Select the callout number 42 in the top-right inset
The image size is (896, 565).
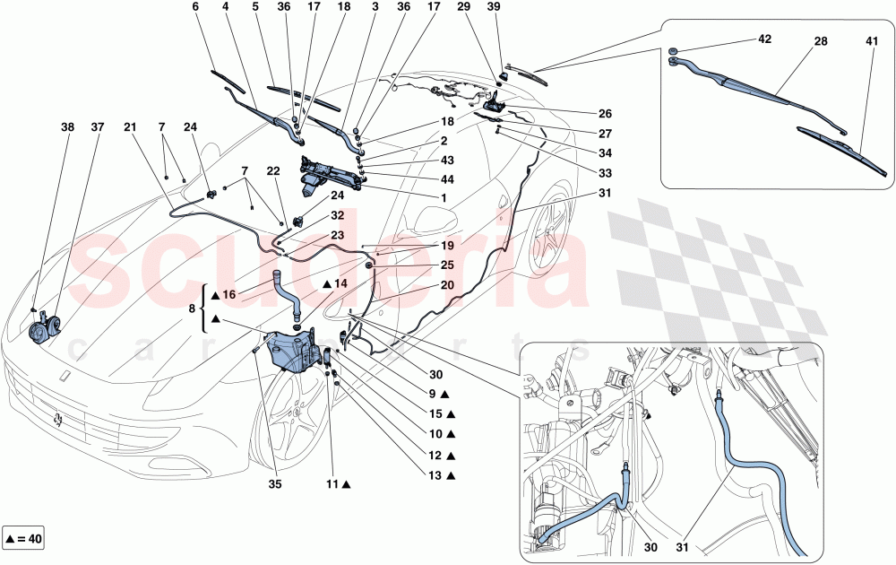click(x=764, y=40)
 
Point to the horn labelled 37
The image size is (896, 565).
click(x=41, y=332)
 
